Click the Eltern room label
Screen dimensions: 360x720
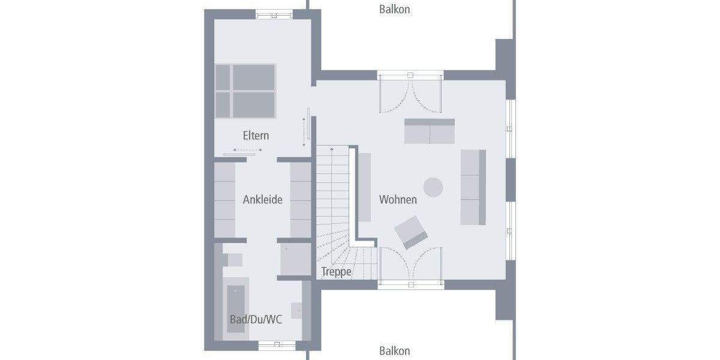point(256,136)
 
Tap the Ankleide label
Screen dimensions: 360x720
point(262,200)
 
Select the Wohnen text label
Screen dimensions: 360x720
point(398,199)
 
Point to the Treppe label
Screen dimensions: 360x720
point(336,271)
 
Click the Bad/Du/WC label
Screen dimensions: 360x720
point(256,319)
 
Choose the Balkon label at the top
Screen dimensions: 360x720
point(395,9)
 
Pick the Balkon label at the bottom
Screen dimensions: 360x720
point(395,351)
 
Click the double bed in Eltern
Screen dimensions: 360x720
point(245,91)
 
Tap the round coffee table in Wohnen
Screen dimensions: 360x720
point(433,187)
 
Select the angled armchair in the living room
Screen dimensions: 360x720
point(411,232)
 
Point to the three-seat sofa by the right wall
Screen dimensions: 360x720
point(473,187)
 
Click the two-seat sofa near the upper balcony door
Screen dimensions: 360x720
point(429,131)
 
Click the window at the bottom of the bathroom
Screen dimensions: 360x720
point(277,344)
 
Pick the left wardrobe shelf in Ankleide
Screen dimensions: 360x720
point(225,200)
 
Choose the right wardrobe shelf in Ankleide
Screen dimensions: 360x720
point(301,200)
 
